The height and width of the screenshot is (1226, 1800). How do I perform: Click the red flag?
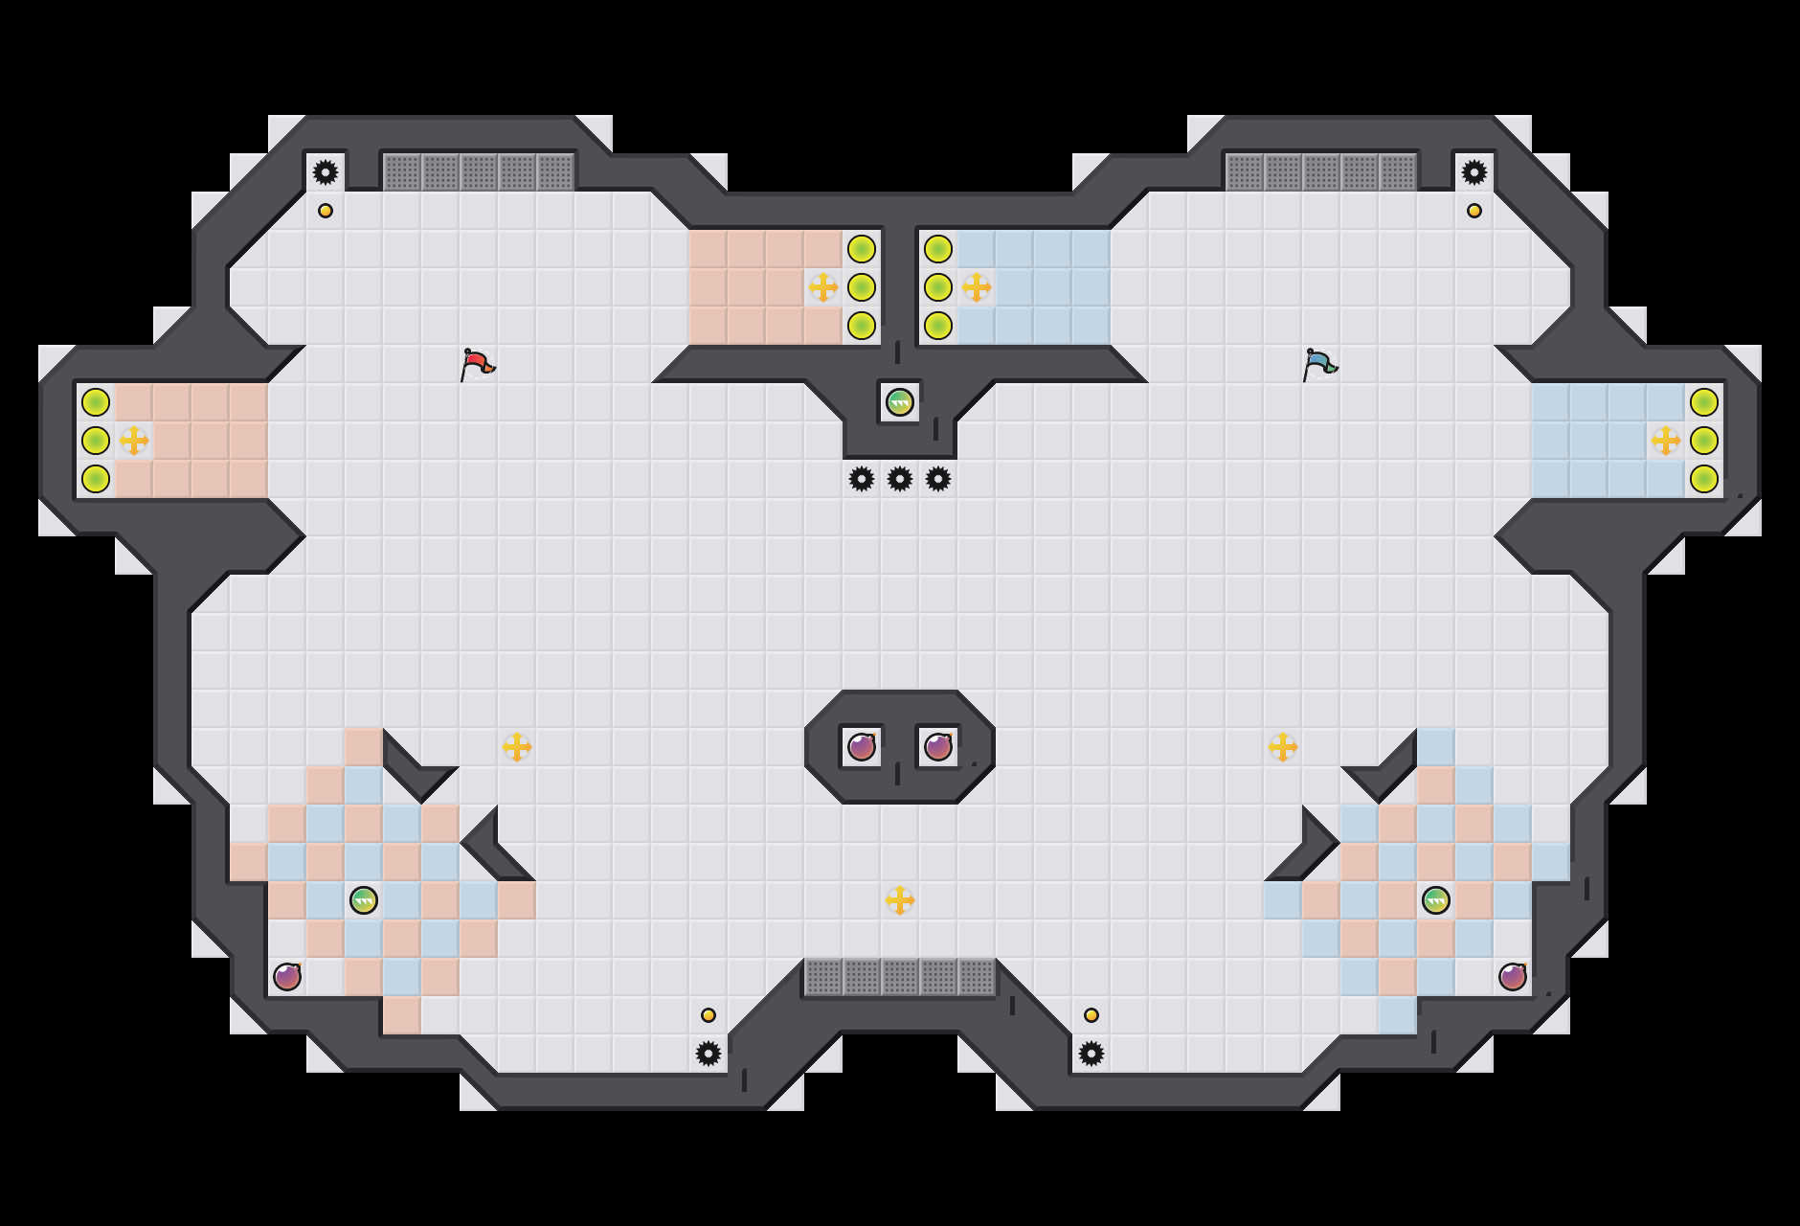coord(477,364)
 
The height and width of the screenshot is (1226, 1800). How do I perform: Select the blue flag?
coord(1319,364)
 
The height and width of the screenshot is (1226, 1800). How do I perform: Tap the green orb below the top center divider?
coord(899,402)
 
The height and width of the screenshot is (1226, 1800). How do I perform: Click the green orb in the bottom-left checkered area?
coord(364,900)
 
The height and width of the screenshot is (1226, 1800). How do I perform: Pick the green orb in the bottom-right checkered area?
coord(1436,900)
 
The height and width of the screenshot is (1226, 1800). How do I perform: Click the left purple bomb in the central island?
coord(862,747)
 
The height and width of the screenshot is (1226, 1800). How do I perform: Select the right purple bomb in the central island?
coord(938,747)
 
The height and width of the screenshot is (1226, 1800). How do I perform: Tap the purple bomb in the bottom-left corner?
coord(287,977)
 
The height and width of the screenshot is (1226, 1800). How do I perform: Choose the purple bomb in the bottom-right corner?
coord(1513,977)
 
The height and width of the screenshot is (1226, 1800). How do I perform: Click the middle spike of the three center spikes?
coord(900,479)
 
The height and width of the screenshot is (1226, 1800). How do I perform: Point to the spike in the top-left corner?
coord(326,172)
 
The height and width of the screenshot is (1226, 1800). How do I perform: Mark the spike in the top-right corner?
coord(1474,172)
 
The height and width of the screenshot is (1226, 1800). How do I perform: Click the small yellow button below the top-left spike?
coord(326,211)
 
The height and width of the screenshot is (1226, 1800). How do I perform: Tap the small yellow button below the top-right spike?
coord(1474,211)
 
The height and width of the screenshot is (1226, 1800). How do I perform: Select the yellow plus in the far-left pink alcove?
coord(134,441)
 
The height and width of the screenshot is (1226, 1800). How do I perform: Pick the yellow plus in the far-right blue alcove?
coord(1666,441)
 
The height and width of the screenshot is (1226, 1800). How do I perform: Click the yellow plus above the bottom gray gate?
coord(900,900)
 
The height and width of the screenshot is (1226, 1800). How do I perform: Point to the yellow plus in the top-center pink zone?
coord(823,287)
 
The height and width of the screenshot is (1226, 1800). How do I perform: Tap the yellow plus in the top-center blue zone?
coord(977,287)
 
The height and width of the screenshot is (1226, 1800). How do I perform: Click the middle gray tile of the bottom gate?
coord(900,977)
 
